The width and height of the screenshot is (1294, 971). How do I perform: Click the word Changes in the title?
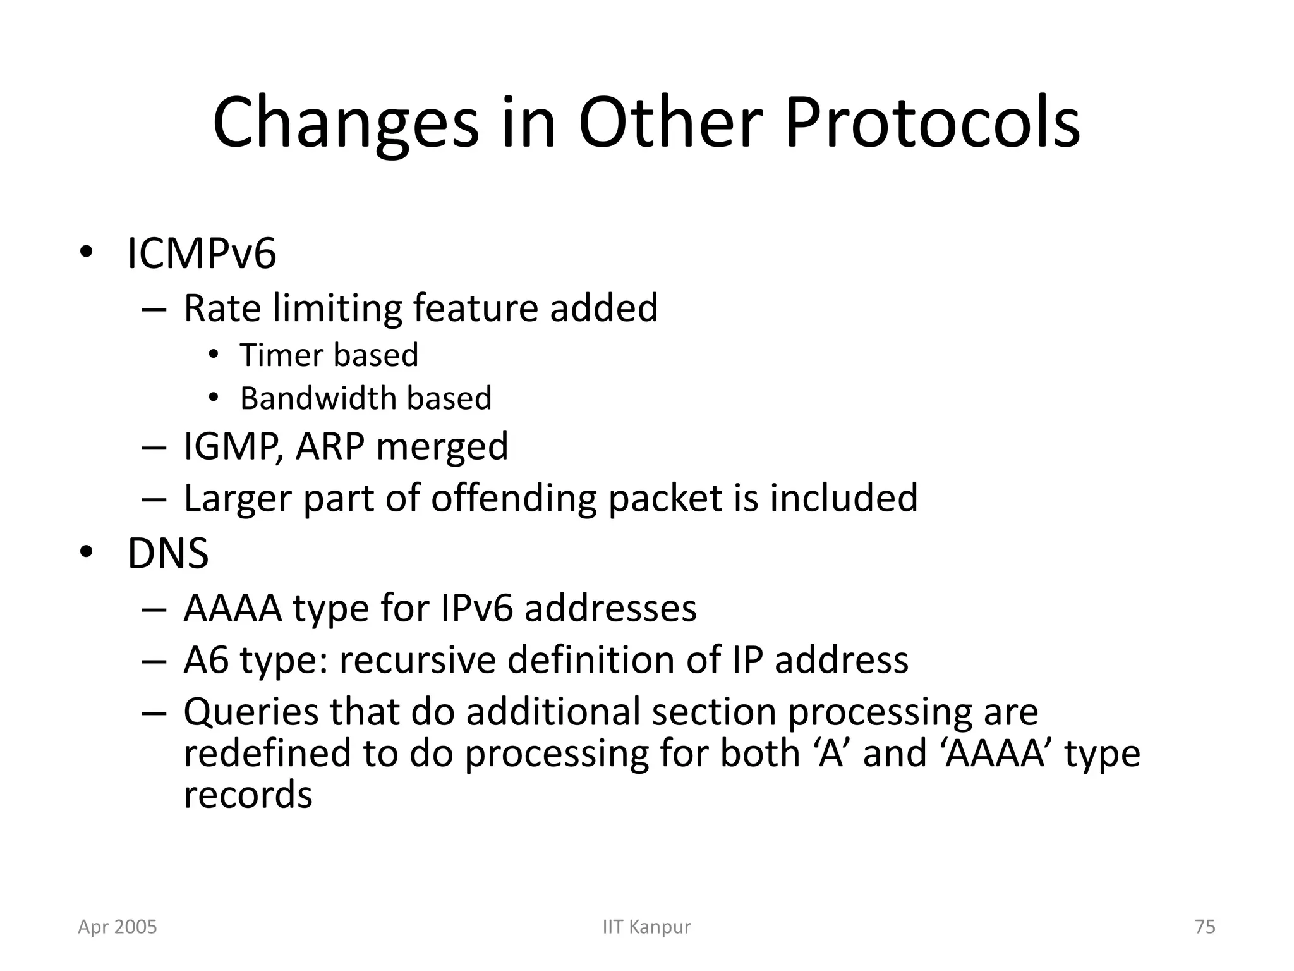tap(346, 123)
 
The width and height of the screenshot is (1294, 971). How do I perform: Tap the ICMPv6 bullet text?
tap(202, 253)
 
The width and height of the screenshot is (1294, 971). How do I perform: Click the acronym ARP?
tap(330, 446)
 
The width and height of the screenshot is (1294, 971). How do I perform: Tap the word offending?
tap(513, 498)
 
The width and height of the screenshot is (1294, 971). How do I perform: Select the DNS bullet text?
tap(167, 554)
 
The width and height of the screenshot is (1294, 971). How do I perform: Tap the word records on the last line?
tap(248, 795)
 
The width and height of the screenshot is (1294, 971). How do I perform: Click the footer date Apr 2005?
tap(118, 927)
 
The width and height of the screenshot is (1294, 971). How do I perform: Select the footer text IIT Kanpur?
tap(646, 927)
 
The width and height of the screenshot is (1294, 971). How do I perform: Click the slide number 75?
tap(1205, 927)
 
